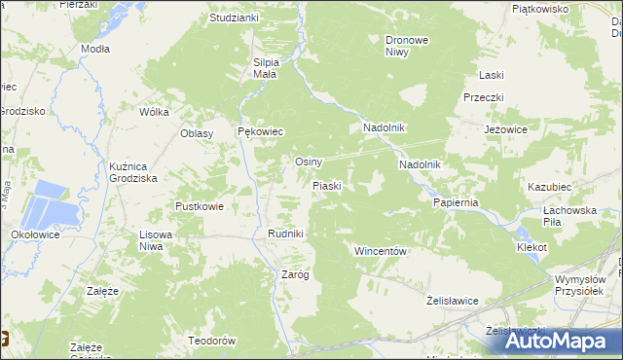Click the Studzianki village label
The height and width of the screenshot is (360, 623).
point(234,18)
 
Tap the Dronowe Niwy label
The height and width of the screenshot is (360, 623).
point(408,47)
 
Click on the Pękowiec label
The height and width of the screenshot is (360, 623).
point(260,132)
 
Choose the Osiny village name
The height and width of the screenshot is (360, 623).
point(309,162)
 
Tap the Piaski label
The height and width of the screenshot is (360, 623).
point(325,185)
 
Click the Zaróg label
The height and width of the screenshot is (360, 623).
point(295,274)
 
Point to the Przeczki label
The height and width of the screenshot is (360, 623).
point(482,97)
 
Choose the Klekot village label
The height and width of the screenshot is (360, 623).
point(531,248)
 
